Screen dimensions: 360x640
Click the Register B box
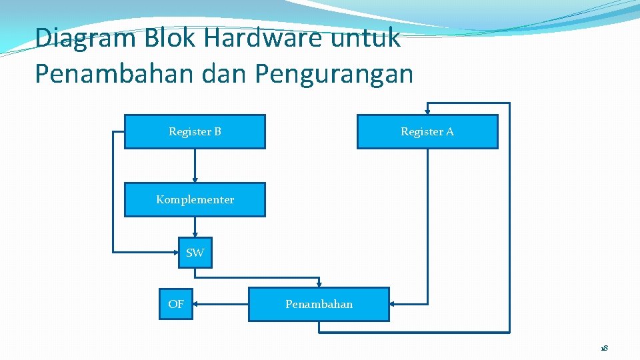pos(195,131)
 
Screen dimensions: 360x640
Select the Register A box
pos(427,131)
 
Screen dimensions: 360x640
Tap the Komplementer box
pos(195,199)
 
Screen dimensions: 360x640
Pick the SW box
pos(195,253)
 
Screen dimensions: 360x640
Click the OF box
pos(175,304)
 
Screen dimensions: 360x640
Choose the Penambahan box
pos(319,304)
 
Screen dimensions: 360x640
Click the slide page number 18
pos(603,348)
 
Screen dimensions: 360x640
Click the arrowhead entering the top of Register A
pos(427,111)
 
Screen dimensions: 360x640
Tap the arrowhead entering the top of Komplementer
pos(195,179)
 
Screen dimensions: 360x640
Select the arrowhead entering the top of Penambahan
pos(319,283)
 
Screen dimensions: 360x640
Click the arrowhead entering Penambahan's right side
pos(393,304)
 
